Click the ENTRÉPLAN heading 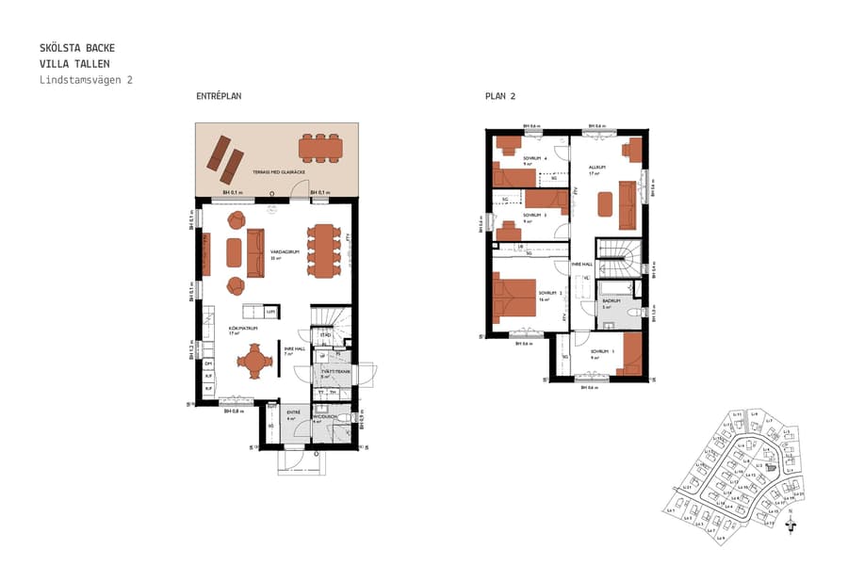(219, 97)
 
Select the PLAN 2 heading (499, 97)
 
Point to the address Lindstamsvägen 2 (86, 80)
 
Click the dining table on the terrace (321, 148)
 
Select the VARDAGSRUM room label (284, 252)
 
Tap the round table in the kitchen (254, 360)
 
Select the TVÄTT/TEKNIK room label (330, 373)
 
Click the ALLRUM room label (595, 169)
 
